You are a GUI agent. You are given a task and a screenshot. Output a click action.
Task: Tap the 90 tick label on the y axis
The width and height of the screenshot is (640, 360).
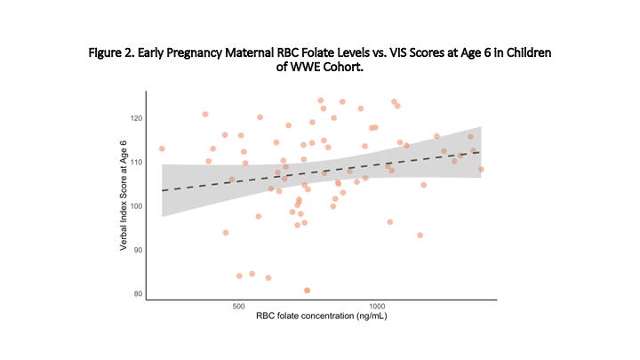click(x=137, y=250)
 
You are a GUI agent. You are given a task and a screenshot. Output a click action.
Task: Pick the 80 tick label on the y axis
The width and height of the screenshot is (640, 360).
click(x=137, y=293)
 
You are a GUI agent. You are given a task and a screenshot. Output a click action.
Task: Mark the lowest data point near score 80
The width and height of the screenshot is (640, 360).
click(x=308, y=290)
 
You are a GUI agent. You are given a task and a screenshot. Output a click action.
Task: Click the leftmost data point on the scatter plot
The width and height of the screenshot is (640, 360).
click(x=162, y=148)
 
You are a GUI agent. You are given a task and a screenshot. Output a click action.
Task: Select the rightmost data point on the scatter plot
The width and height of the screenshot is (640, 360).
click(x=481, y=169)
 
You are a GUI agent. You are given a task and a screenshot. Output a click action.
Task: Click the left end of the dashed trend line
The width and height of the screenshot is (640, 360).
click(x=163, y=191)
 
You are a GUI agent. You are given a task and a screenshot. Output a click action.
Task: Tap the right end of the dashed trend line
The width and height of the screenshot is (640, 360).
click(x=480, y=152)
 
